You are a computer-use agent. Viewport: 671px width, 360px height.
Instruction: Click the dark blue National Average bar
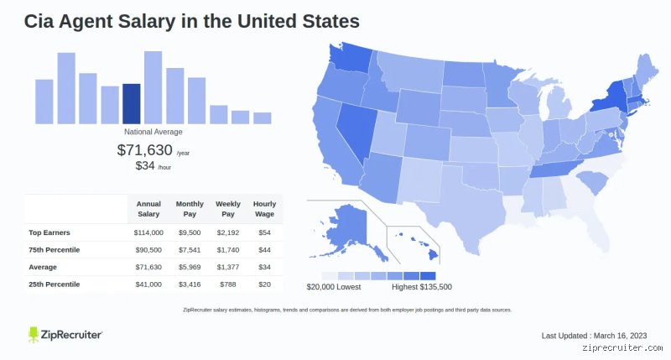[132, 104]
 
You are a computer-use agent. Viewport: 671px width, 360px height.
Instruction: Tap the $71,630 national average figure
[144, 150]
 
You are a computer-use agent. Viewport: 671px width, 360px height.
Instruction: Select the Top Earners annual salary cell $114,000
[148, 232]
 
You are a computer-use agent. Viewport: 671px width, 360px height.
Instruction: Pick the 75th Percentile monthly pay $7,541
[190, 249]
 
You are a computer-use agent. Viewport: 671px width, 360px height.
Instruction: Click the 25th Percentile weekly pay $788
[228, 284]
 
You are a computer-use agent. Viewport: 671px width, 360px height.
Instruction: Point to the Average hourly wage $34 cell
[264, 267]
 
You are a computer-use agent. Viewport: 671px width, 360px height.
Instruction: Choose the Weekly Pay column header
[228, 209]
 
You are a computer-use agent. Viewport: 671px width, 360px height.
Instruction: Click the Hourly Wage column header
[264, 209]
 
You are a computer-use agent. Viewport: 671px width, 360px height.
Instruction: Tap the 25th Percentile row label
[55, 284]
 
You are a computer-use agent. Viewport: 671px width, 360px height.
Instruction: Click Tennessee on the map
[556, 168]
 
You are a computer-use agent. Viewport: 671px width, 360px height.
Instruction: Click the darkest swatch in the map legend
[428, 276]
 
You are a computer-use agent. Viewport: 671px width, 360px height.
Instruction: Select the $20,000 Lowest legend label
[334, 287]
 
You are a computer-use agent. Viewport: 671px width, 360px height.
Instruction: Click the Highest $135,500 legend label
[422, 287]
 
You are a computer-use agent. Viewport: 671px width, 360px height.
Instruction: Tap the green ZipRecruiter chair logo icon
[34, 334]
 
